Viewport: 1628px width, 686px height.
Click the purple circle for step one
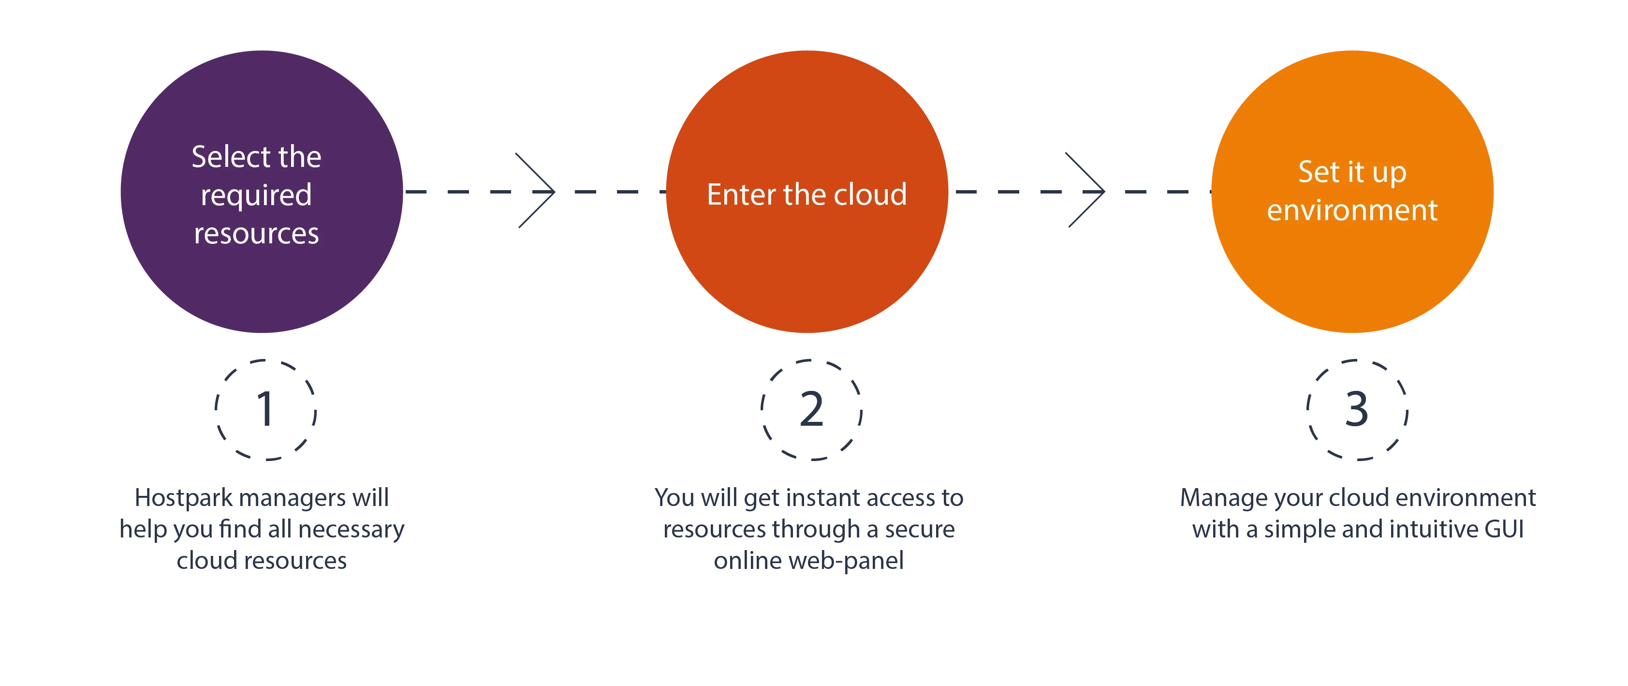pyautogui.click(x=262, y=192)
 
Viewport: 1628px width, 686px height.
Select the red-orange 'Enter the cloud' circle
pyautogui.click(x=807, y=192)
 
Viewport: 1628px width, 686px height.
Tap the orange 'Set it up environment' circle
pyautogui.click(x=1352, y=192)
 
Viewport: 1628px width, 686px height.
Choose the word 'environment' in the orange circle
pyautogui.click(x=1352, y=210)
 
